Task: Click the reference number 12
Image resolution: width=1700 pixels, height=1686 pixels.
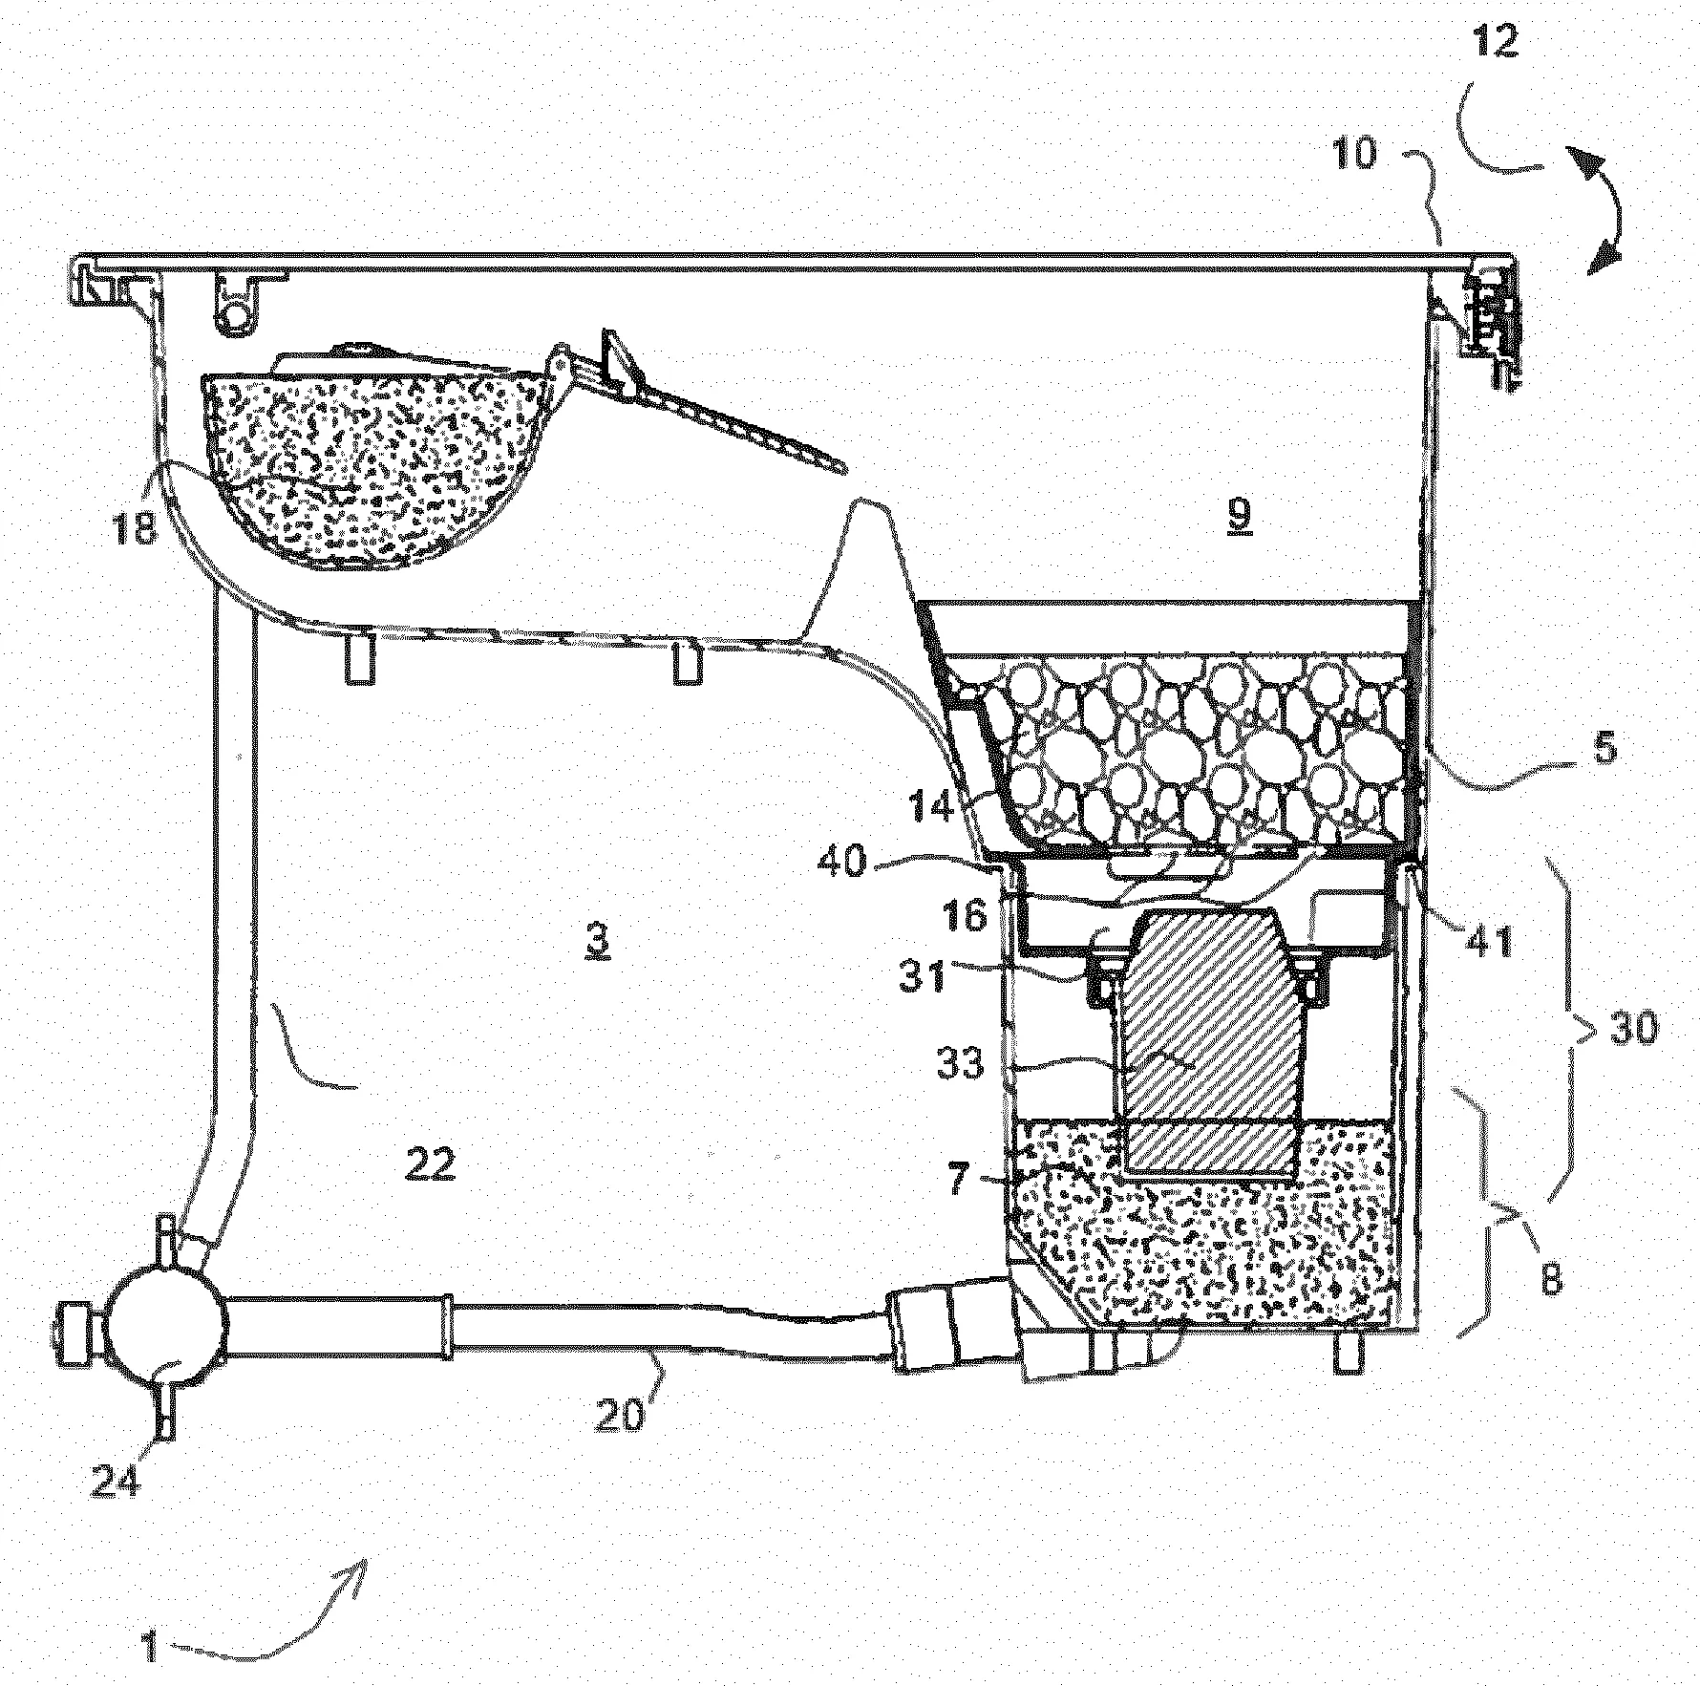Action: point(1495,41)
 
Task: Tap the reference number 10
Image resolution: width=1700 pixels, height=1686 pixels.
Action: point(1355,153)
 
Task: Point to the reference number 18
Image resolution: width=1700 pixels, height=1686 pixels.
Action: point(136,524)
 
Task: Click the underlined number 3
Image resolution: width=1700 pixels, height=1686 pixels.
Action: point(597,938)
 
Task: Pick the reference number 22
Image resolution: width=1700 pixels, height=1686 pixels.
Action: point(430,1163)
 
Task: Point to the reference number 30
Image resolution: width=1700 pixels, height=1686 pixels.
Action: point(1631,1030)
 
